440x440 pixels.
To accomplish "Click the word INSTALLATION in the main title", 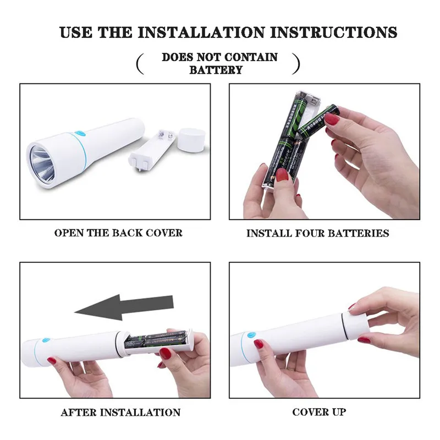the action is click(201, 32).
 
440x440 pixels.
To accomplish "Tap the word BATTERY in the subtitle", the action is click(216, 70).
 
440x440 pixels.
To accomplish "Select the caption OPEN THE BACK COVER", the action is click(118, 233).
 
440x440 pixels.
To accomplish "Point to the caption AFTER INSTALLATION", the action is click(120, 412).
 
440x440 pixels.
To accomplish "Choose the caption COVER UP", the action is click(319, 412).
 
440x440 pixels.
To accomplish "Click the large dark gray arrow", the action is click(124, 307).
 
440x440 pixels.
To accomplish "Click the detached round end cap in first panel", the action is click(191, 140).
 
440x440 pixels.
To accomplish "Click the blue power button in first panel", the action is click(80, 133).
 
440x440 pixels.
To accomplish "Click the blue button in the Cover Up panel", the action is click(251, 335).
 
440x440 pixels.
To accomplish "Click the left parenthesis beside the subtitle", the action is click(140, 64).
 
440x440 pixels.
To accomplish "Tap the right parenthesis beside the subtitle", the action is click(296, 64).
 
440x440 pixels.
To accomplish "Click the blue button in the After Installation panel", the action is click(46, 340).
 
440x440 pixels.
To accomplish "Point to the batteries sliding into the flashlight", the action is click(156, 339).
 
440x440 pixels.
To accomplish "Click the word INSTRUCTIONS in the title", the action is click(334, 32).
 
